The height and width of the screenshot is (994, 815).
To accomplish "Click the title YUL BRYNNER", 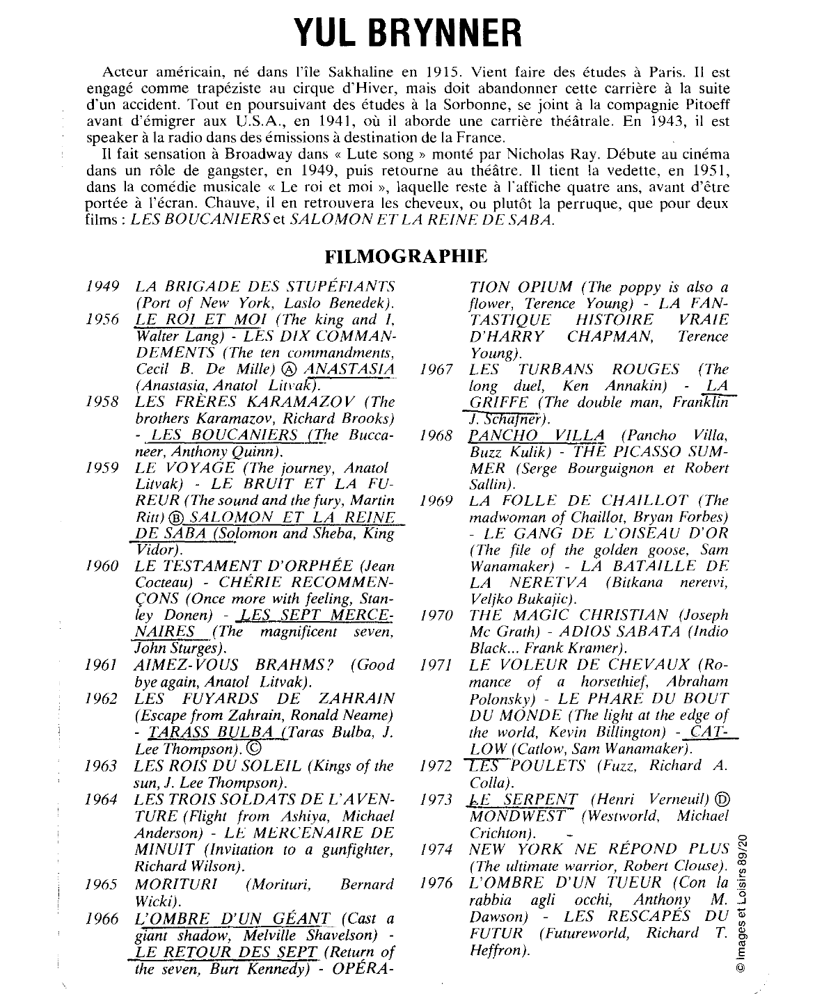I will (406, 32).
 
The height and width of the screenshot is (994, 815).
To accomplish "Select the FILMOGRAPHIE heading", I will (406, 256).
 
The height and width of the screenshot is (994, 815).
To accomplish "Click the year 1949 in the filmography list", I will (104, 287).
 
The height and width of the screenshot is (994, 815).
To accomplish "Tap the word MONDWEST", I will (520, 816).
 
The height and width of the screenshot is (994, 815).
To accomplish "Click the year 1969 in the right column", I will (437, 502).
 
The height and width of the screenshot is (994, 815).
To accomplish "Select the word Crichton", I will (500, 833).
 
